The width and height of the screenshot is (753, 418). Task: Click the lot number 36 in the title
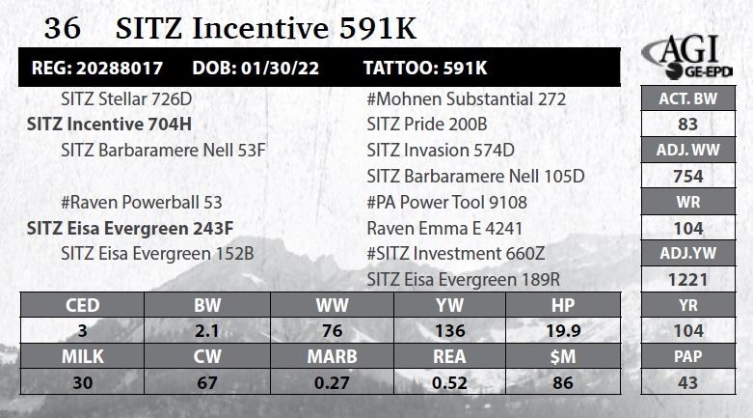pyautogui.click(x=62, y=28)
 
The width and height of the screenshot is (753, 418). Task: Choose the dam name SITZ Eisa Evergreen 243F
pyautogui.click(x=131, y=228)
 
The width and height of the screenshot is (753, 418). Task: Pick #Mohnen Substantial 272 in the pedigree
pyautogui.click(x=467, y=98)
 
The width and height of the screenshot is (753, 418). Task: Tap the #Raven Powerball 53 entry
pyautogui.click(x=141, y=202)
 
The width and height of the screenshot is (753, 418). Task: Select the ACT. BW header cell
pyautogui.click(x=687, y=98)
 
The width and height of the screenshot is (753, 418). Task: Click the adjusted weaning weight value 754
pyautogui.click(x=687, y=176)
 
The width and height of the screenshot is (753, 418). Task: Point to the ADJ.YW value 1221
pyautogui.click(x=687, y=280)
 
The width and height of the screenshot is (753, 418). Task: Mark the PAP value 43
pyautogui.click(x=687, y=382)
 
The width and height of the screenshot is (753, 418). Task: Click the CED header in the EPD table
pyautogui.click(x=82, y=306)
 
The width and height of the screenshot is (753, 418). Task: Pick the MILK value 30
pyautogui.click(x=82, y=383)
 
